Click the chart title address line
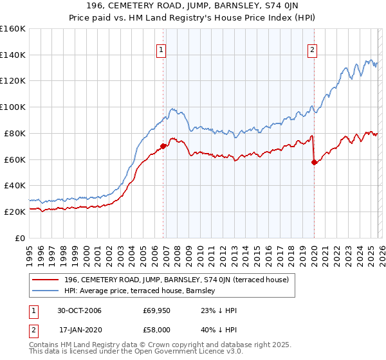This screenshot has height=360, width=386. pyautogui.click(x=193, y=7)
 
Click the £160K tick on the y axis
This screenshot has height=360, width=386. pyautogui.click(x=13, y=29)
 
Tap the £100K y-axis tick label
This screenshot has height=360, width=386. pyautogui.click(x=13, y=107)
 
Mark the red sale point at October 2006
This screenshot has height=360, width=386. pyautogui.click(x=163, y=146)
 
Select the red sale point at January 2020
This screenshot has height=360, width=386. pyautogui.click(x=314, y=162)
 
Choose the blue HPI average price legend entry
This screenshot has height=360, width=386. pyautogui.click(x=142, y=291)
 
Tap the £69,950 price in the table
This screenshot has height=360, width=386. pyautogui.click(x=156, y=310)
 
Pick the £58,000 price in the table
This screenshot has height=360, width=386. pyautogui.click(x=156, y=330)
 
